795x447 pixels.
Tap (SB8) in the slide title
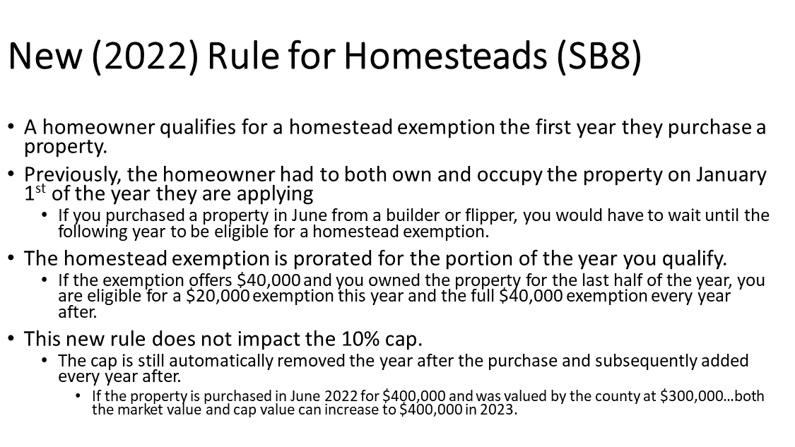tap(599, 56)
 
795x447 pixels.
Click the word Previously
tap(73, 175)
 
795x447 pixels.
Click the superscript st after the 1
tap(40, 189)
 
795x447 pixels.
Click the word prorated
tap(331, 259)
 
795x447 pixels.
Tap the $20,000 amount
tap(218, 296)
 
